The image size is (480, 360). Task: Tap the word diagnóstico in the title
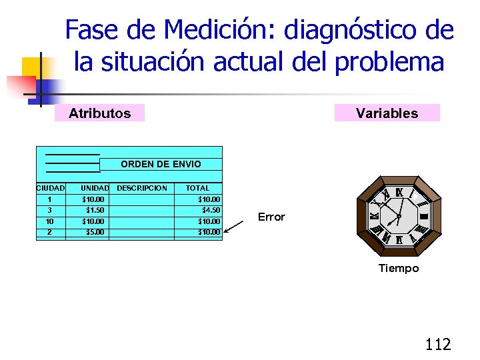(x=351, y=30)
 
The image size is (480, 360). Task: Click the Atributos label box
(x=99, y=113)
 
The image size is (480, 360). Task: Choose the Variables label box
(x=387, y=113)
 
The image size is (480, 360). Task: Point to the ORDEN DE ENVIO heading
(x=161, y=164)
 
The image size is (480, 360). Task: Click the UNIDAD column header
(x=94, y=188)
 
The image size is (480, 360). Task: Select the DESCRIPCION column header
(x=142, y=188)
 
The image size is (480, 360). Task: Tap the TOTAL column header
(x=197, y=188)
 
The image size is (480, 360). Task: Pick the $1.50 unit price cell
(x=93, y=210)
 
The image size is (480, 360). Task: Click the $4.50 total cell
(x=211, y=210)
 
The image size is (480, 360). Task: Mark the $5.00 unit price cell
(x=93, y=232)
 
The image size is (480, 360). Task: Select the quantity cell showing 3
(x=49, y=210)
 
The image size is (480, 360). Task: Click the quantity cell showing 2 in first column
(x=49, y=232)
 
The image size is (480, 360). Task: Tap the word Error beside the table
(x=271, y=217)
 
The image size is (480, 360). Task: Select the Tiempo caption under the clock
(x=399, y=268)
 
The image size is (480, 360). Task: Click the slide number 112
(x=438, y=344)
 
